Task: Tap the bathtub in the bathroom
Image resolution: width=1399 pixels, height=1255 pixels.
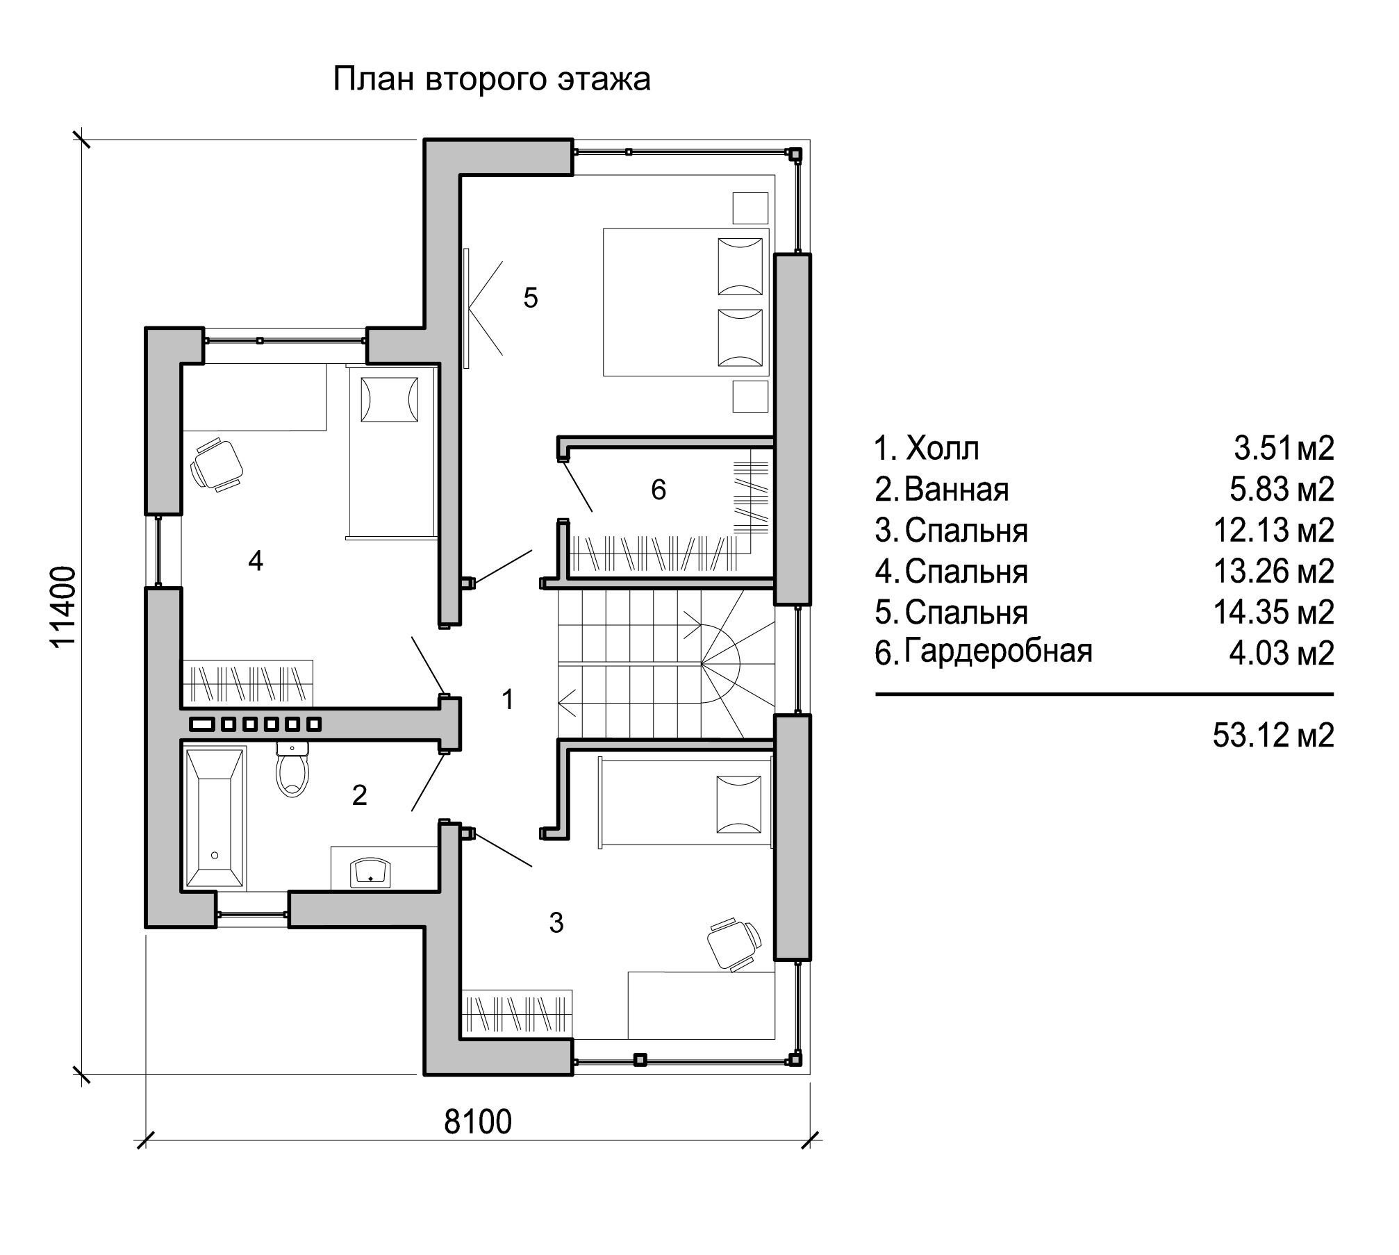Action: pyautogui.click(x=214, y=817)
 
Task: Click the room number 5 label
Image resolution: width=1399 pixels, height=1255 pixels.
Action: pyautogui.click(x=531, y=298)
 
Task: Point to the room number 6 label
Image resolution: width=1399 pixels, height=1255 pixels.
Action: pyautogui.click(x=658, y=490)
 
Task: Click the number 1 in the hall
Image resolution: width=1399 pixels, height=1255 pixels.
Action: pyautogui.click(x=508, y=699)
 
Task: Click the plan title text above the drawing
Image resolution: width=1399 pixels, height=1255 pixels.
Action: pyautogui.click(x=492, y=79)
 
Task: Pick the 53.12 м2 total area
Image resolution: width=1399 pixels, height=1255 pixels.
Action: pyautogui.click(x=1273, y=735)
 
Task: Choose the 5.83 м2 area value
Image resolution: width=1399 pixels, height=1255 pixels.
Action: pyautogui.click(x=1282, y=490)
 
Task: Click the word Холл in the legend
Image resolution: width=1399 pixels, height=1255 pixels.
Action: pyautogui.click(x=943, y=449)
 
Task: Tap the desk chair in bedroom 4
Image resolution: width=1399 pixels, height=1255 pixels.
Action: pyautogui.click(x=217, y=463)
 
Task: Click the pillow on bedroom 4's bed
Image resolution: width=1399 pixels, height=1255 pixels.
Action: pyautogui.click(x=389, y=399)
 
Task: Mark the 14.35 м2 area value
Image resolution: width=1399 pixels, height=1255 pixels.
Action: pyautogui.click(x=1273, y=613)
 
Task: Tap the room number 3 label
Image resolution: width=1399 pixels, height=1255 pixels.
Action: pyautogui.click(x=556, y=923)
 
